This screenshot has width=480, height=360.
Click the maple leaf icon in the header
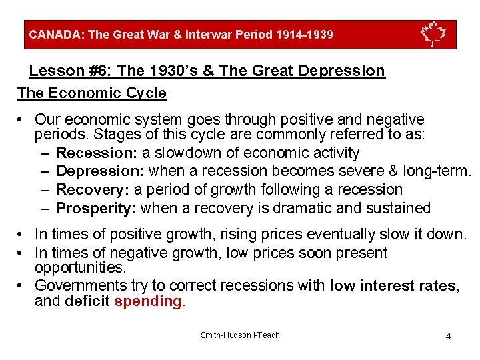click(433, 34)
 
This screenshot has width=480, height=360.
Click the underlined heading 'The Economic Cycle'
click(92, 93)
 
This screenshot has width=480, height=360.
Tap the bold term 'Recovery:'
click(90, 190)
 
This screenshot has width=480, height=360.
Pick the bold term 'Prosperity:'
click(96, 208)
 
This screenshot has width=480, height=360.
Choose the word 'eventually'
click(329, 234)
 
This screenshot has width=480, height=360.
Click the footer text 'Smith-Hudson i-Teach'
click(240, 335)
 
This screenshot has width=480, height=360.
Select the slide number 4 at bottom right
click(448, 335)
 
